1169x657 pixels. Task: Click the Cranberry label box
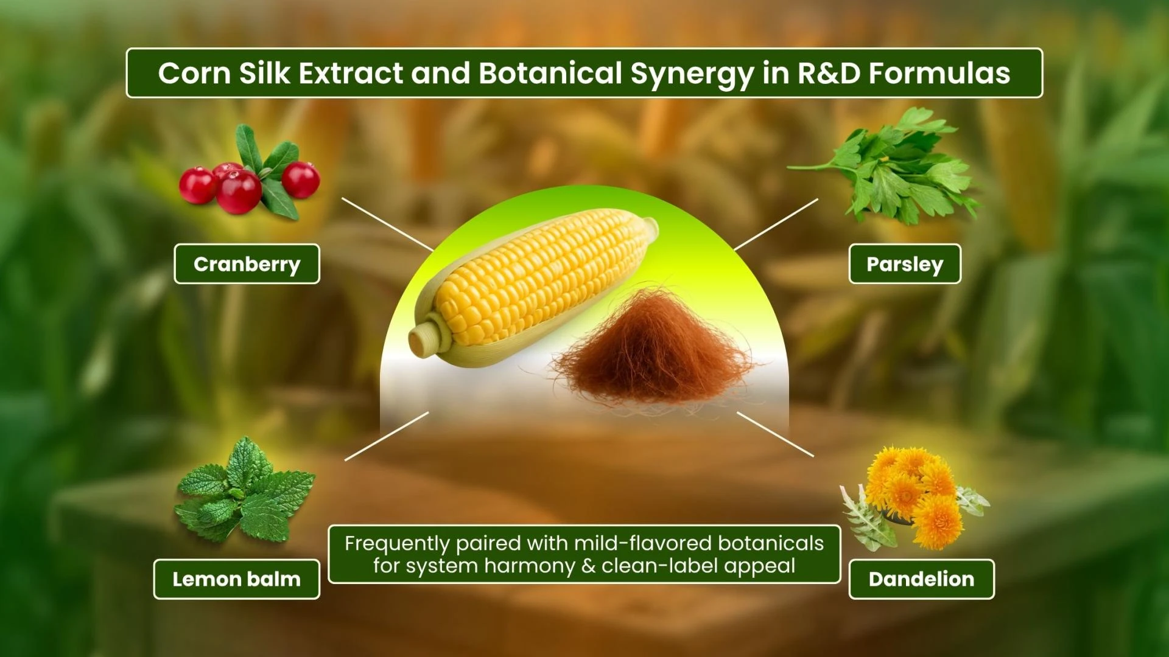click(x=247, y=264)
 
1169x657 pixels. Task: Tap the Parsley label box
click(x=905, y=264)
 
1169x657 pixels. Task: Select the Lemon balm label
click(x=236, y=579)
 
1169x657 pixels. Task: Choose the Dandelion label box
click(x=921, y=579)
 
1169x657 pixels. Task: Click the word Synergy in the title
click(x=692, y=74)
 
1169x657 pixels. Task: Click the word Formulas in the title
click(x=939, y=73)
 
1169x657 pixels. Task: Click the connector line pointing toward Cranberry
click(x=387, y=224)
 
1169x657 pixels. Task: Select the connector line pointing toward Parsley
click(x=776, y=224)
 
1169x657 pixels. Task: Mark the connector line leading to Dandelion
click(x=775, y=434)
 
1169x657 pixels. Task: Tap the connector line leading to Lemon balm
click(x=387, y=436)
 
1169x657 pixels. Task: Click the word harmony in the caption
click(x=528, y=566)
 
